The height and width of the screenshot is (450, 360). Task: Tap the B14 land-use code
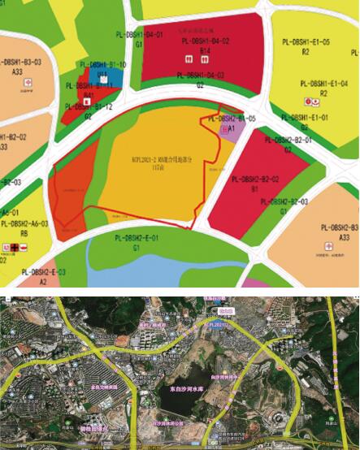[205, 50]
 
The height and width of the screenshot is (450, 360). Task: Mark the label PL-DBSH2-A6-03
[24, 223]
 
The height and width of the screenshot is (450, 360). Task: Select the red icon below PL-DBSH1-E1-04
[309, 102]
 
